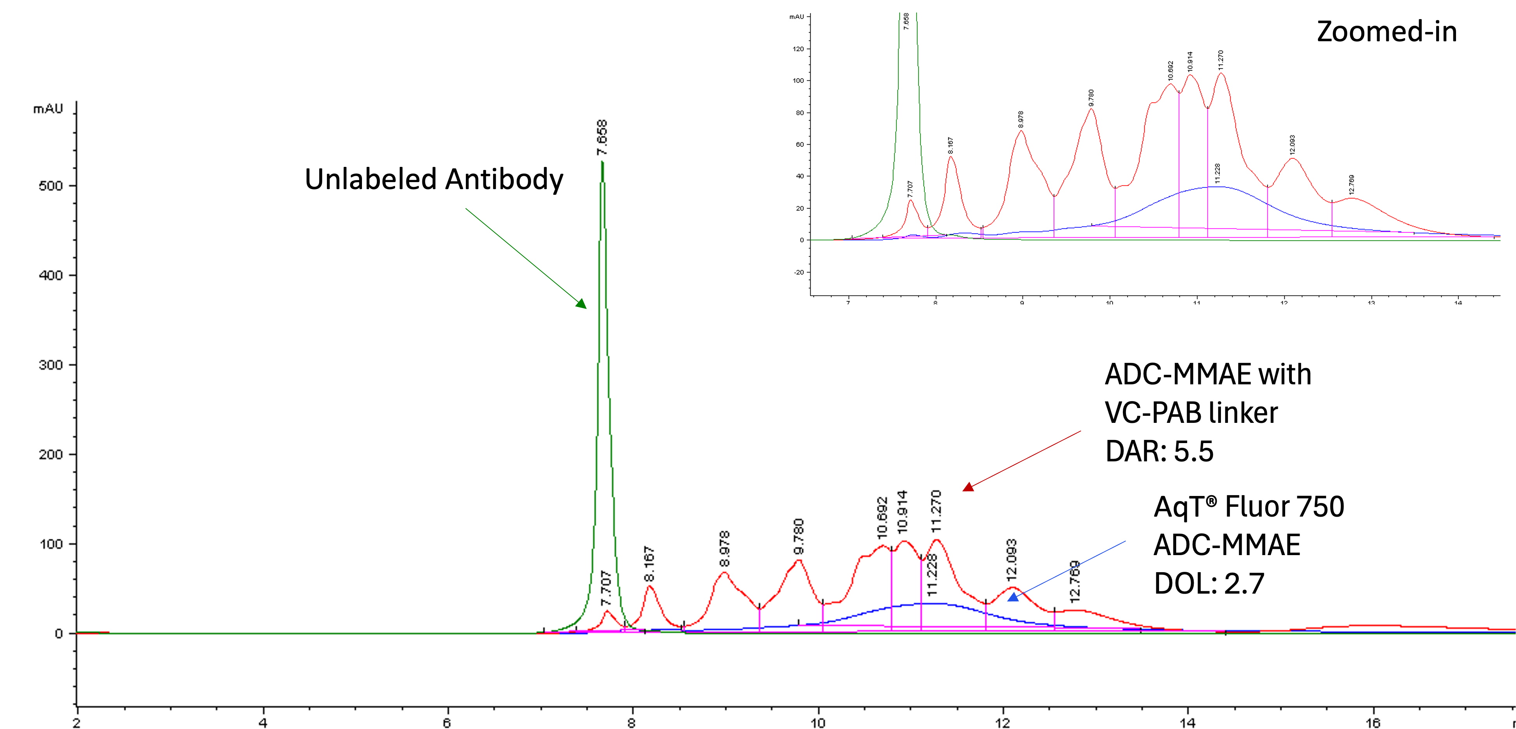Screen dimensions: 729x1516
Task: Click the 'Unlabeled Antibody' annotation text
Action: pos(434,179)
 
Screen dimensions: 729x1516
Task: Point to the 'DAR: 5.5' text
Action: pos(1159,451)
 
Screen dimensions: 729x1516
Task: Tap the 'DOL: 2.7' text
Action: pos(1209,584)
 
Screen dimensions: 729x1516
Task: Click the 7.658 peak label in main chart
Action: pos(601,138)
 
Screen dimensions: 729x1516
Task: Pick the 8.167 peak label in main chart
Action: pos(648,564)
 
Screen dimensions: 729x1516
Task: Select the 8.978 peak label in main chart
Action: pos(724,549)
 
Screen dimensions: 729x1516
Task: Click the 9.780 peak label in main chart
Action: pos(798,536)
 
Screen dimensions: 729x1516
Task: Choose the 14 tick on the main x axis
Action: pos(1188,722)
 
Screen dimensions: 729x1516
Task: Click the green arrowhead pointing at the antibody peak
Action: pos(581,303)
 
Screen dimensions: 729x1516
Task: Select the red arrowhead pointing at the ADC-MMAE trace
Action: pos(968,487)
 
